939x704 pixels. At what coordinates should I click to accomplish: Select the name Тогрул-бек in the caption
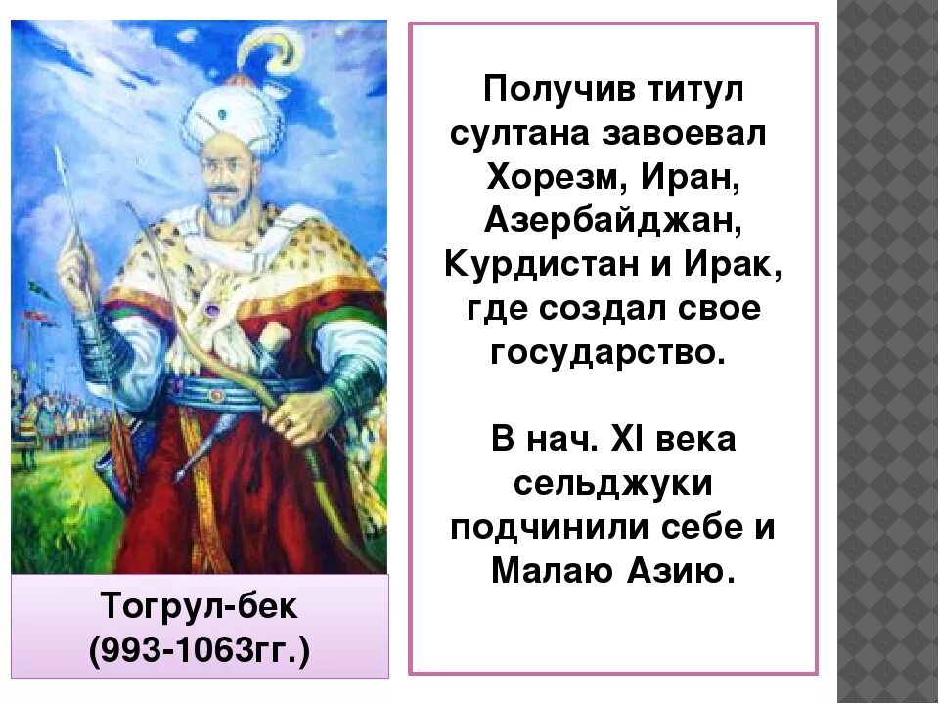click(x=200, y=607)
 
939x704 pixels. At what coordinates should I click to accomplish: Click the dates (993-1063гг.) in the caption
click(x=200, y=649)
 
